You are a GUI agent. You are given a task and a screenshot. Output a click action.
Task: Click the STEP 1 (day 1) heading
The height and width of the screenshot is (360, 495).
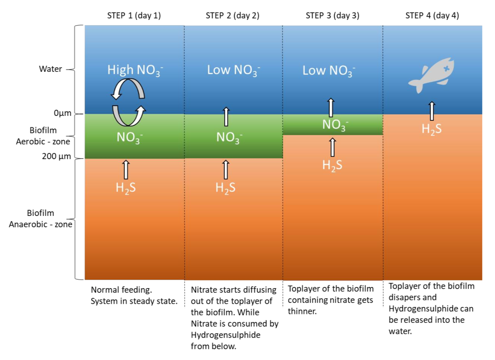click(134, 16)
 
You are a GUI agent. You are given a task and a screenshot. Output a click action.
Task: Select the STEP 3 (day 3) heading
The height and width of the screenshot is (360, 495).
click(332, 16)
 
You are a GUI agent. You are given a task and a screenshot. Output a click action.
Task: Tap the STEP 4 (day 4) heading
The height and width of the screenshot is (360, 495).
click(432, 16)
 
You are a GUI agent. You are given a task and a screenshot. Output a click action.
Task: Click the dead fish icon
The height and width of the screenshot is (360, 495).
click(432, 75)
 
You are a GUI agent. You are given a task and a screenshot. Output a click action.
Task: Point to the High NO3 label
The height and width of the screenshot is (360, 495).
click(135, 70)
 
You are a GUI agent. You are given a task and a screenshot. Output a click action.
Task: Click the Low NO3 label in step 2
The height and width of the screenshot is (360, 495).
click(233, 70)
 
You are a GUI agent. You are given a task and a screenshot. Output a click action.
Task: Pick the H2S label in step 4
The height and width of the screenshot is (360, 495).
click(432, 129)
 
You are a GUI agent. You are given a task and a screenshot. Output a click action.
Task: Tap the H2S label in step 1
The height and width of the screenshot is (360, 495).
click(126, 188)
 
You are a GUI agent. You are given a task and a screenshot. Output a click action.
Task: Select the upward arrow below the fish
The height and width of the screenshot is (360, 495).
click(432, 111)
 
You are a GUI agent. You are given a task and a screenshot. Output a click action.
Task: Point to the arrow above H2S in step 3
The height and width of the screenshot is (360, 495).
click(333, 147)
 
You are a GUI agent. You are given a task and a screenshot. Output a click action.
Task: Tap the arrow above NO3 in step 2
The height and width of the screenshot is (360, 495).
click(226, 117)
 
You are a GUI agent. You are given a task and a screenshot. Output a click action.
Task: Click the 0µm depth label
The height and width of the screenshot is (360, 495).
click(62, 113)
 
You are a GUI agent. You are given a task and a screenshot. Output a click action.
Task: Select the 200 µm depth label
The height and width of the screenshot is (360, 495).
click(56, 156)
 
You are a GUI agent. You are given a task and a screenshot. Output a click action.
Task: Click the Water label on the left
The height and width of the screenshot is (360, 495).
click(51, 69)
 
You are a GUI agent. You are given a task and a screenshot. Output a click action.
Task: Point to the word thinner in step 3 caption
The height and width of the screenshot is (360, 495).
click(302, 311)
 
